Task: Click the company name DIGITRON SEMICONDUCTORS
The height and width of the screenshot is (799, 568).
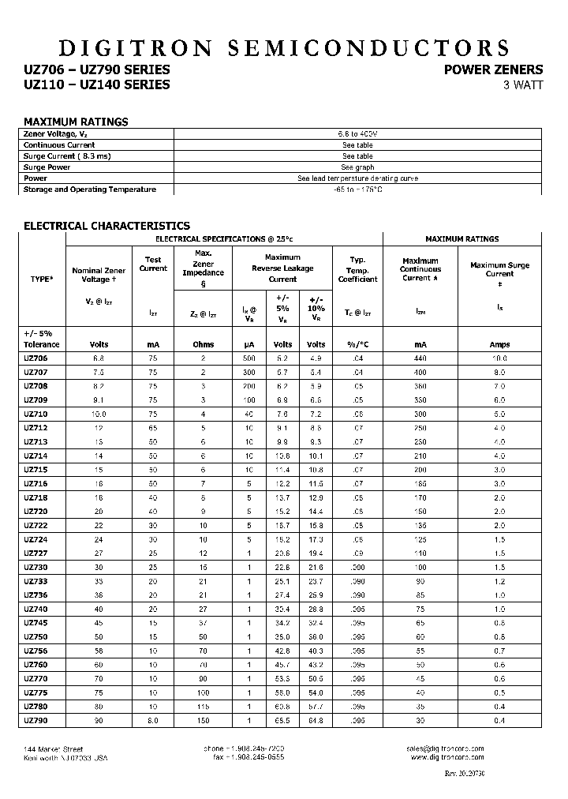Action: pyautogui.click(x=283, y=48)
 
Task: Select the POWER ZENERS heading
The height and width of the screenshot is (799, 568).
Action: pyautogui.click(x=493, y=69)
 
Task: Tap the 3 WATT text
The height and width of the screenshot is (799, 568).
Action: pyautogui.click(x=522, y=85)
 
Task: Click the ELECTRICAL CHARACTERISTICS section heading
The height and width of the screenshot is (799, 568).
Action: pyautogui.click(x=106, y=226)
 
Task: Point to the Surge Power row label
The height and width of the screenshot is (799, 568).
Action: pyautogui.click(x=47, y=167)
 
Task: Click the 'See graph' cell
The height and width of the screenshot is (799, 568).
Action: pyautogui.click(x=357, y=167)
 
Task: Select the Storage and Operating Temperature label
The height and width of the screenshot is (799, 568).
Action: pyautogui.click(x=90, y=189)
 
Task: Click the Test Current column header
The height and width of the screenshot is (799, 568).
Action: pyautogui.click(x=153, y=264)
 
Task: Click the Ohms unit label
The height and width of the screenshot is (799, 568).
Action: pyautogui.click(x=204, y=344)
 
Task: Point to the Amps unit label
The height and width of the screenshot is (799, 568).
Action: pyautogui.click(x=499, y=344)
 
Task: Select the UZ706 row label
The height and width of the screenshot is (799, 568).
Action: pyautogui.click(x=35, y=358)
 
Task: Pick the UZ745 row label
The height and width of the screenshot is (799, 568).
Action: pyautogui.click(x=35, y=622)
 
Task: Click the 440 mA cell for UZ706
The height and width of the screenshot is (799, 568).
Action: pyautogui.click(x=420, y=358)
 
